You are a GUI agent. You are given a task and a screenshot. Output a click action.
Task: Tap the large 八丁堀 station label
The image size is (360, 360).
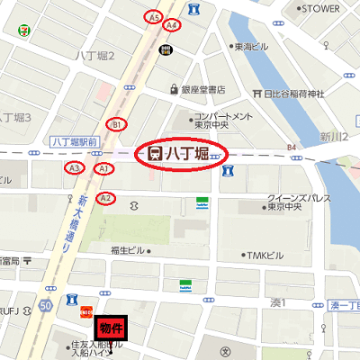point(184,154)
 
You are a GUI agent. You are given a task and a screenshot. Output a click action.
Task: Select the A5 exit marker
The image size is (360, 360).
point(154,17)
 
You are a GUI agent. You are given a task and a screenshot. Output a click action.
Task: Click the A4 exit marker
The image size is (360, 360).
point(172,25)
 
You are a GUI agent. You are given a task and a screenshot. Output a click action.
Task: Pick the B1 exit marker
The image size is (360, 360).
point(116,123)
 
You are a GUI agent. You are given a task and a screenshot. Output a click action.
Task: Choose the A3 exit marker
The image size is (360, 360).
point(75,167)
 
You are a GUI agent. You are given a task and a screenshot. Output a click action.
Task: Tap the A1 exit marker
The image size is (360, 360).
point(103,168)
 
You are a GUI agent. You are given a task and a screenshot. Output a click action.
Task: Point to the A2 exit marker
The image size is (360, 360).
point(105,197)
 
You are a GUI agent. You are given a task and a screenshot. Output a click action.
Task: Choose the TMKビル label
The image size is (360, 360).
point(265,255)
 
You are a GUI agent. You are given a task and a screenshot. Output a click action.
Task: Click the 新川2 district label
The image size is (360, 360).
point(333,135)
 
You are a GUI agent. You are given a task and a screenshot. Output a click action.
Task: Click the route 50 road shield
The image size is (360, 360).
point(44,307)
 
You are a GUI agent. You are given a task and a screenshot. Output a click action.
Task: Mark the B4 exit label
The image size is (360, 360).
point(291,147)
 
